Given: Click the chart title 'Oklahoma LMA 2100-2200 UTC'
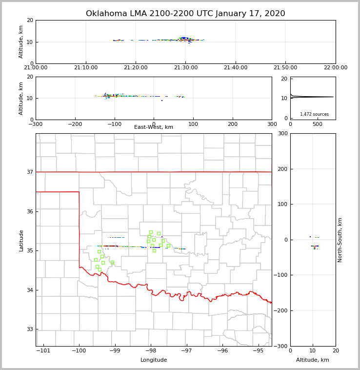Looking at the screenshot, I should click(x=185, y=14).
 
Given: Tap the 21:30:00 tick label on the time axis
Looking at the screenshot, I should click(x=185, y=68).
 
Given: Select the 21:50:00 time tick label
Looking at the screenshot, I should click(x=285, y=68).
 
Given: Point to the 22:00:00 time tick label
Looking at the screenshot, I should click(x=335, y=68).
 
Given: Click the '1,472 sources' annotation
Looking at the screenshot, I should click(x=314, y=114).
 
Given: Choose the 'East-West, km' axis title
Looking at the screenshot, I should click(x=154, y=127).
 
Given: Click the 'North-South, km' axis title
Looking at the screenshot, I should click(x=340, y=240).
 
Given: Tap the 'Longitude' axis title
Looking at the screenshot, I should click(x=154, y=360).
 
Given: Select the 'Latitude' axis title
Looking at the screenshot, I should click(x=21, y=240).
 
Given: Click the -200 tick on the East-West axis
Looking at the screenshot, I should click(x=75, y=124).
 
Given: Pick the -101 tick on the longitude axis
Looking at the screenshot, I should click(x=43, y=350).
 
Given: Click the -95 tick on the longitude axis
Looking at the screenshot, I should click(x=259, y=350).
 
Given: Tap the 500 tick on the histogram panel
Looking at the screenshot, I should click(x=318, y=124).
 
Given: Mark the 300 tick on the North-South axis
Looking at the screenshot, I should click(x=282, y=134).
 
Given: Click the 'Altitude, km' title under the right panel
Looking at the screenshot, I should click(x=313, y=360).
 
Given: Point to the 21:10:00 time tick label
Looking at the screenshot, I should click(x=85, y=68).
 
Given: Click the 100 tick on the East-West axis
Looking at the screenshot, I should click(x=193, y=124).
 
